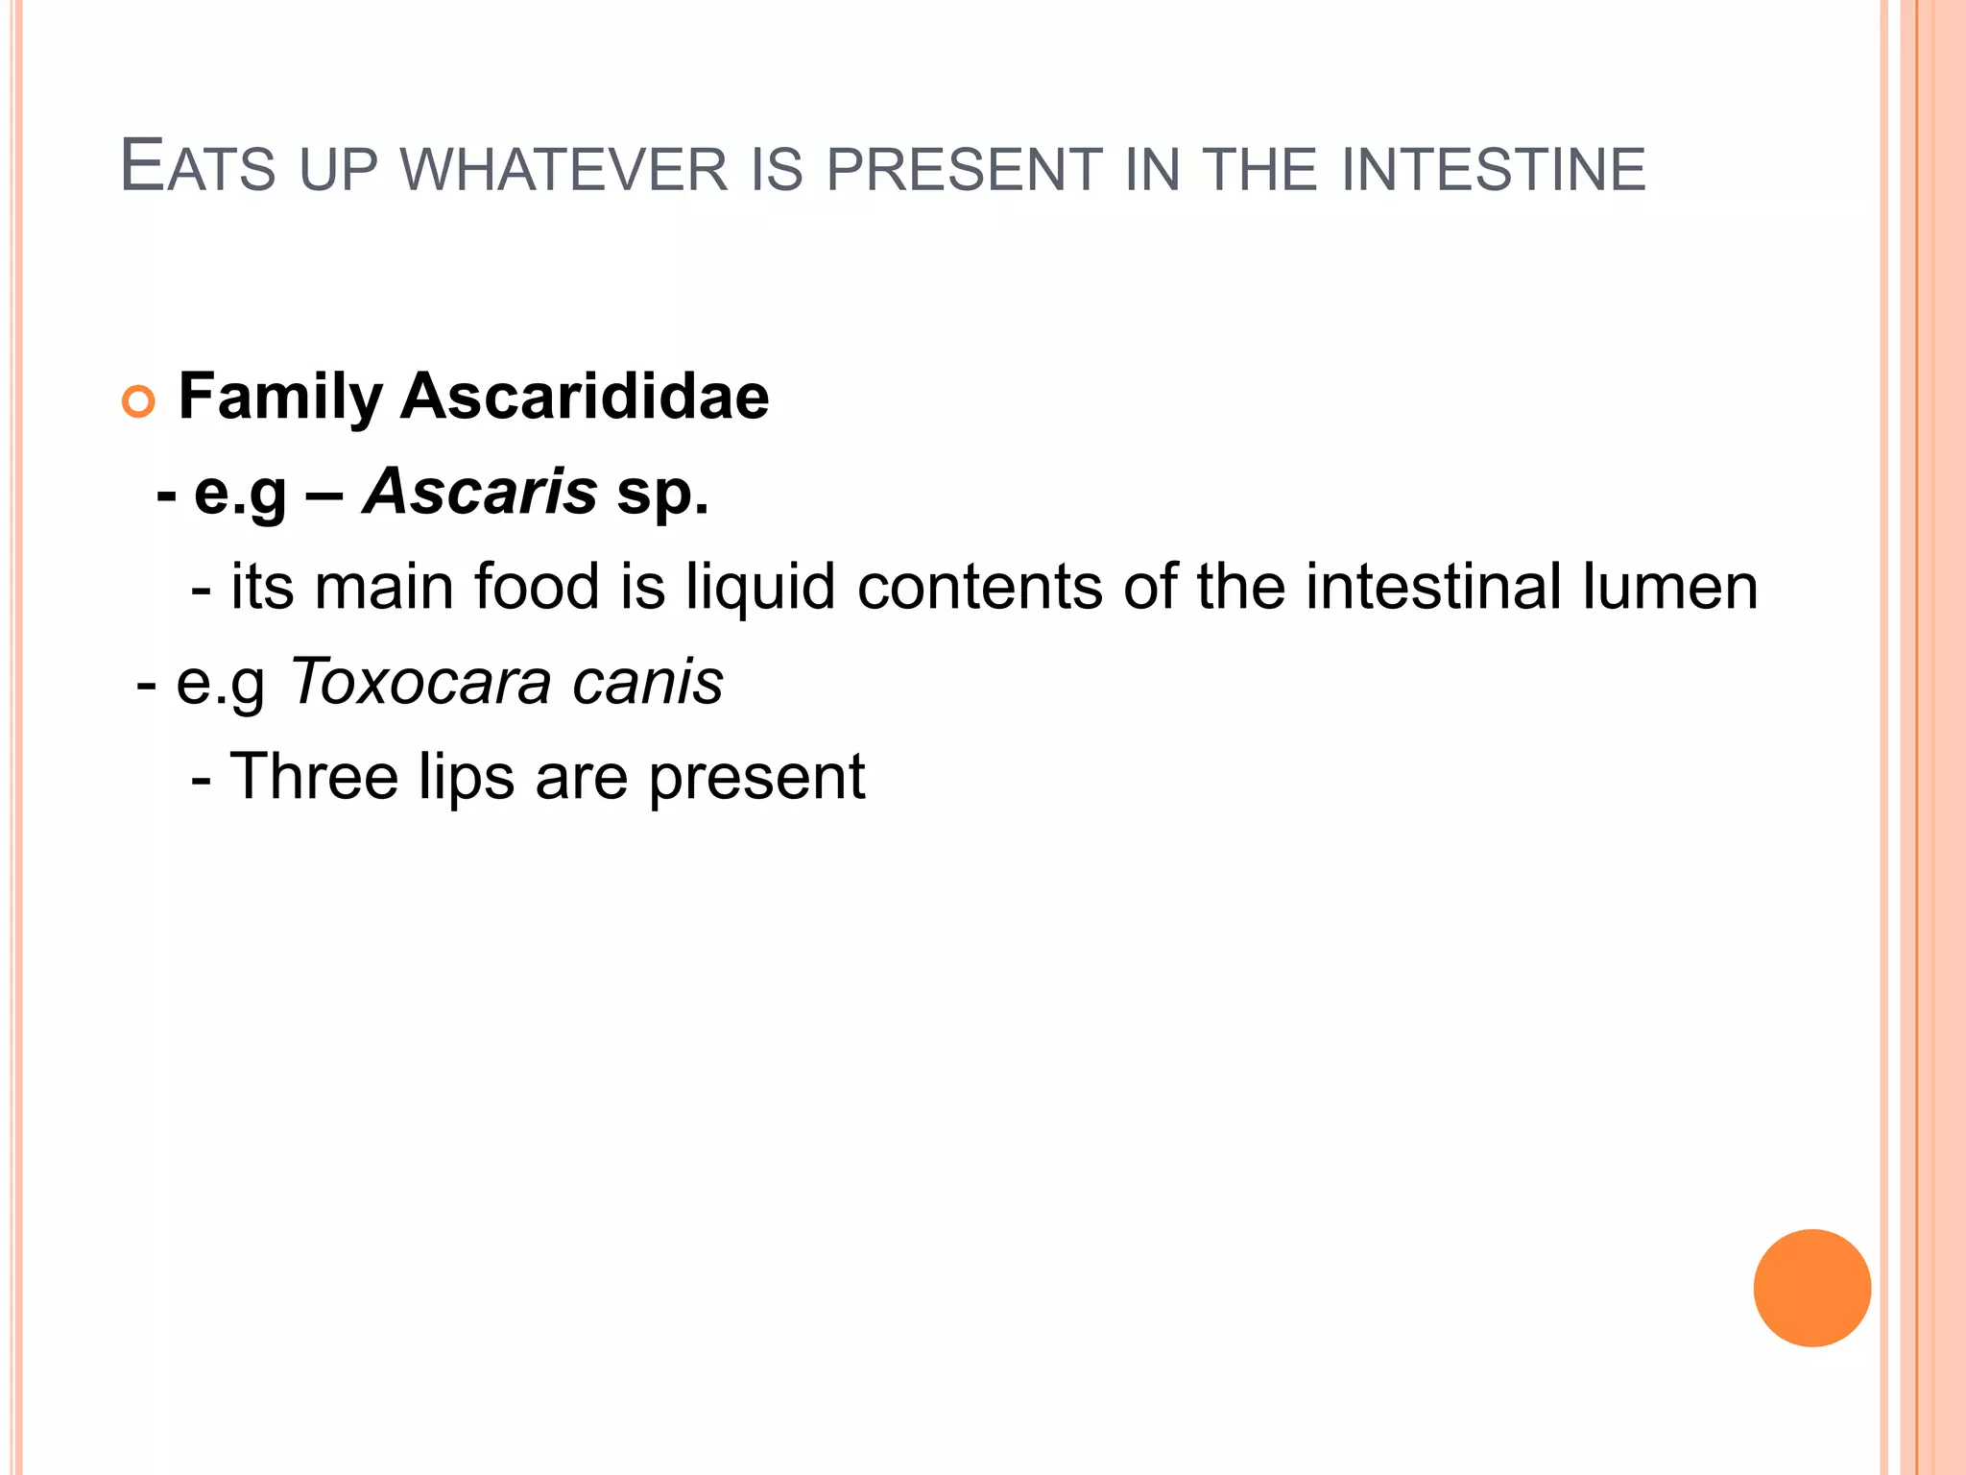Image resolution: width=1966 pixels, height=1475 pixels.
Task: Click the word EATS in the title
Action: (198, 167)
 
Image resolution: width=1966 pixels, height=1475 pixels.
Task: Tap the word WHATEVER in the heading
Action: (563, 170)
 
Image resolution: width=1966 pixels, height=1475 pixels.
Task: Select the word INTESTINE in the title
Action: (1493, 170)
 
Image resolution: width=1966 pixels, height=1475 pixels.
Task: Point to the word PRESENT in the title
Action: (964, 170)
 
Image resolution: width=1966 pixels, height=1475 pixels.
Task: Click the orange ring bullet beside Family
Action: (138, 401)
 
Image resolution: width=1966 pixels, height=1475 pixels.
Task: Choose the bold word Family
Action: (280, 398)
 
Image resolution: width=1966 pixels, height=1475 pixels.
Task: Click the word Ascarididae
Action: (585, 396)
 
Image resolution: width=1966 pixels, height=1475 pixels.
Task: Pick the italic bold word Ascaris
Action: (480, 491)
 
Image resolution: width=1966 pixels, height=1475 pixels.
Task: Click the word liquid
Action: (760, 588)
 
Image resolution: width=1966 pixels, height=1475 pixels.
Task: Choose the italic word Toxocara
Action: (420, 682)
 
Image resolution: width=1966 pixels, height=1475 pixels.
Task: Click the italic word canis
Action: (647, 682)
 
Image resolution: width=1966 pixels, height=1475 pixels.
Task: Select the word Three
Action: (314, 776)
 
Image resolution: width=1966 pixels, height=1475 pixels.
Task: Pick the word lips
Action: (467, 778)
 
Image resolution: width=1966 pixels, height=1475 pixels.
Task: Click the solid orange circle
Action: (1811, 1288)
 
